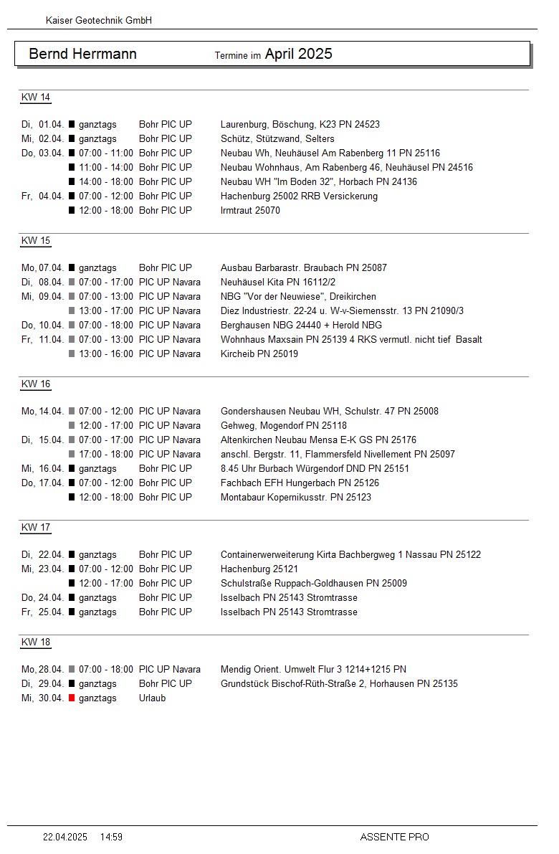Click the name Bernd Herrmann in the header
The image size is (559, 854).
82,54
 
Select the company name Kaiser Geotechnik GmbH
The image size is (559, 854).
99,21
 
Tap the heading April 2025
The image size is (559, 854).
298,54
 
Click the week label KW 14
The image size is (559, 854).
36,98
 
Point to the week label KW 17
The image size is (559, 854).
36,528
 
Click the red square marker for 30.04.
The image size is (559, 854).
72,698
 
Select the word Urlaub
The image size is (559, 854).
152,698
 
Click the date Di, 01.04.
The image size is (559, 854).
43,125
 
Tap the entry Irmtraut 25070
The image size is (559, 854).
250,211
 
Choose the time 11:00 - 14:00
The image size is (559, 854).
106,168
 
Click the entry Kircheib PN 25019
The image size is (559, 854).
259,354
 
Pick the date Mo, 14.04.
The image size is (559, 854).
43,412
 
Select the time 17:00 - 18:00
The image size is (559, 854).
106,455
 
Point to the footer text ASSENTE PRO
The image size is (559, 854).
394,837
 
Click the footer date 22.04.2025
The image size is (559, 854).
65,837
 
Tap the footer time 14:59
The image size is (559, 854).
111,837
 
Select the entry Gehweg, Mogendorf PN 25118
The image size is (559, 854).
284,426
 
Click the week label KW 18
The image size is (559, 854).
36,642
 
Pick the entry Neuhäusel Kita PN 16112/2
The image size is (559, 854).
278,283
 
